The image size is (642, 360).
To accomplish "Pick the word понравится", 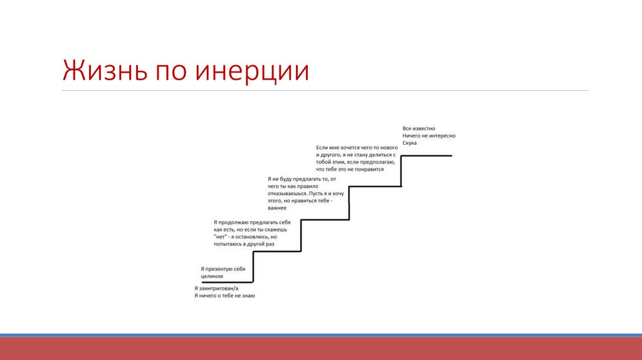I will point(369,169).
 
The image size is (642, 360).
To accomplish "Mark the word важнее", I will point(276,208).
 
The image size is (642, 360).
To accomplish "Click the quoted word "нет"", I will point(220,236).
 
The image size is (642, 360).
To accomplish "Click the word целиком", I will point(212,276).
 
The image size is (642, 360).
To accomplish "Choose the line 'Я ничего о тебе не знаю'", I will point(224,295).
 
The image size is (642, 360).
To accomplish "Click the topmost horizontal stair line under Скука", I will point(426,155).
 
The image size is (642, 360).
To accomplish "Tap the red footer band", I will point(321,349).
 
